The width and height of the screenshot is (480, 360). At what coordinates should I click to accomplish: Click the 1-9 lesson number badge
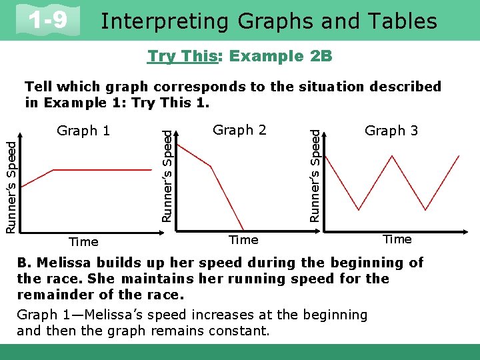(x=49, y=21)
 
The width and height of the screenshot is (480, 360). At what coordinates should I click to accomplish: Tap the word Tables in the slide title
(x=403, y=21)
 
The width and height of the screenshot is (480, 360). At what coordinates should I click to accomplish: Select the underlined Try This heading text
(x=182, y=56)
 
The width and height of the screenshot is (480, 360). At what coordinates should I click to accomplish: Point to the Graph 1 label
(x=83, y=131)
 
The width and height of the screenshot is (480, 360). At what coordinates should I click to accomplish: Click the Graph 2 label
(x=239, y=130)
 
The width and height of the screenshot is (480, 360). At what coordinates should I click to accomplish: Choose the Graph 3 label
(x=391, y=131)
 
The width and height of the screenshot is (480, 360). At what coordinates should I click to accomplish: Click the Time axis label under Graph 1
(x=83, y=242)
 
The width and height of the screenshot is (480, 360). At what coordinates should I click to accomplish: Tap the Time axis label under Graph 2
(x=243, y=239)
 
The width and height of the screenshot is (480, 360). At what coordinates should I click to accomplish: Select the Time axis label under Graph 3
(x=397, y=239)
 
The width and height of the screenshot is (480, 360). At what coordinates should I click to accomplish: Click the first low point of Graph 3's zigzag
(x=360, y=209)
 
